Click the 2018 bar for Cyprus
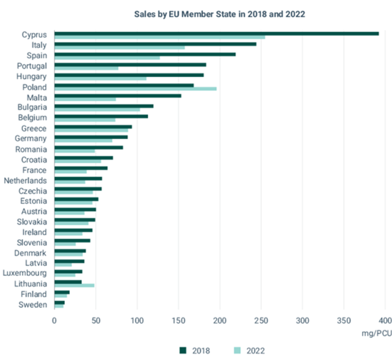[x=216, y=34]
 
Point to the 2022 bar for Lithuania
[x=74, y=285]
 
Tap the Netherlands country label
[x=25, y=181]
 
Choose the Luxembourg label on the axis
[x=25, y=273]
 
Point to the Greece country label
[x=34, y=128]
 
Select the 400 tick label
[x=385, y=321]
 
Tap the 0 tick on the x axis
[x=55, y=321]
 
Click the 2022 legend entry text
[x=256, y=351]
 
